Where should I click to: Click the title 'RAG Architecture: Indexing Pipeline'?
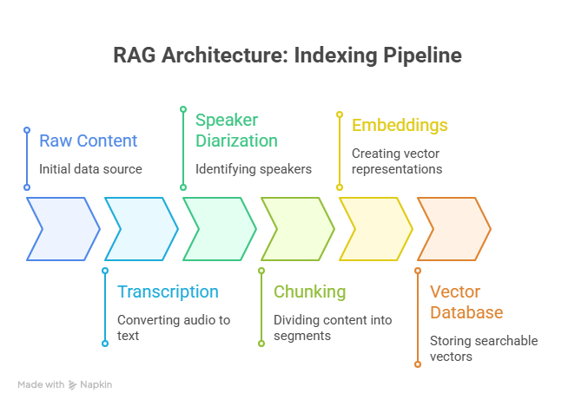(287, 56)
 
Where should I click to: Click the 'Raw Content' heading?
(88, 141)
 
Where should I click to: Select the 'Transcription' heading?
(168, 291)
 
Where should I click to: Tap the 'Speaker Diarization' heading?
(236, 130)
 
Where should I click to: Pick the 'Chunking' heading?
(309, 291)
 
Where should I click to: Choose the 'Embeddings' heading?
(400, 125)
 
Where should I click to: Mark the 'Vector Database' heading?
(466, 302)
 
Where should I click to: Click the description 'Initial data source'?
(90, 168)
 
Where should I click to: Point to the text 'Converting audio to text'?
(174, 327)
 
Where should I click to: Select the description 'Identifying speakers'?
(253, 168)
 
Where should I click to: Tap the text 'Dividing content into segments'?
(333, 327)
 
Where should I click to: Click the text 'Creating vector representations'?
(397, 161)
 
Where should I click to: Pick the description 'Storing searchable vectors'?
(484, 348)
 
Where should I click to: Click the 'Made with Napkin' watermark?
(65, 383)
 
